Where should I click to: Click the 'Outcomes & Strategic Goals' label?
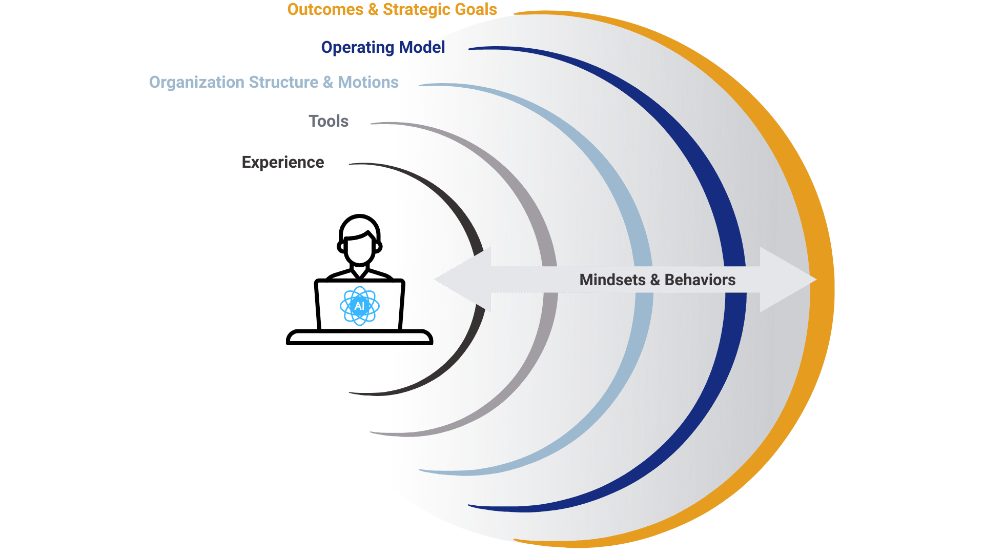pyautogui.click(x=392, y=10)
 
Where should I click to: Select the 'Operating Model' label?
pyautogui.click(x=383, y=47)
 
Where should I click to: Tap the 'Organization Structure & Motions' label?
pyautogui.click(x=274, y=82)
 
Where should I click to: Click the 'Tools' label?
pyautogui.click(x=329, y=121)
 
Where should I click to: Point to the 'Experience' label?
pyautogui.click(x=283, y=162)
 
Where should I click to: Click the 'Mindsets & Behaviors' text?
pyautogui.click(x=657, y=280)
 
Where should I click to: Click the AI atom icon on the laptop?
pyautogui.click(x=359, y=306)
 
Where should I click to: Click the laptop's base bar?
pyautogui.click(x=359, y=338)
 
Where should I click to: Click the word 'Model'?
pyautogui.click(x=422, y=47)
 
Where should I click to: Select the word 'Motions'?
pyautogui.click(x=368, y=82)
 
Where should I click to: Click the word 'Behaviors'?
pyautogui.click(x=700, y=280)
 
